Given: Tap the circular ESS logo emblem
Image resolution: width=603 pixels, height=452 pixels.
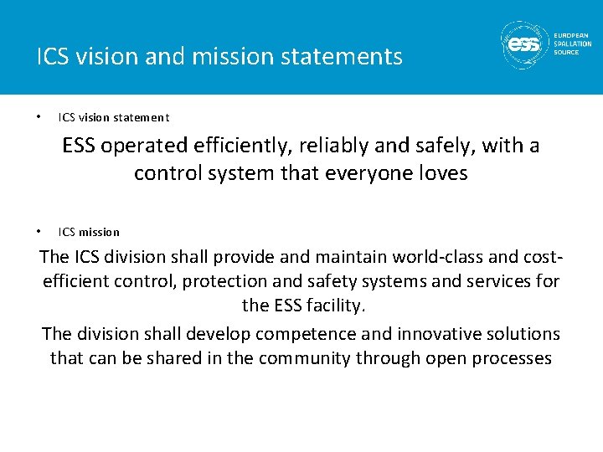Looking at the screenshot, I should point(525,44).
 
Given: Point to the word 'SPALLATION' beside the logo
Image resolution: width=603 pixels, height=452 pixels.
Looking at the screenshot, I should point(572,44).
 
